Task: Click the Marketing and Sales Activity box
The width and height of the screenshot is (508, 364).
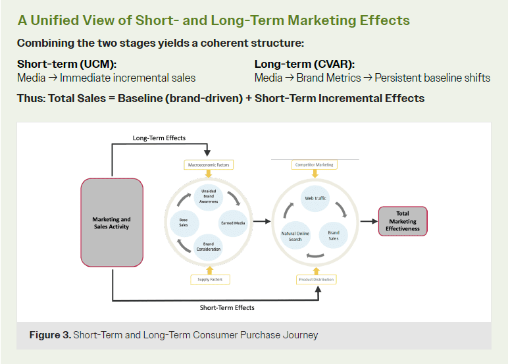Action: click(x=111, y=222)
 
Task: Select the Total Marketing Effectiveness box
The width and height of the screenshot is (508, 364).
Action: click(x=403, y=221)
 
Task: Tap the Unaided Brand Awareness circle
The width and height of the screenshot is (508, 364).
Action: click(x=209, y=195)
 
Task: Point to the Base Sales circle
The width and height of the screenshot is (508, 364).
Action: click(x=184, y=222)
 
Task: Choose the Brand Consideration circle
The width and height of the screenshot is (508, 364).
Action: click(x=209, y=246)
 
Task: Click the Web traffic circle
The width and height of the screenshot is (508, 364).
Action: click(x=315, y=198)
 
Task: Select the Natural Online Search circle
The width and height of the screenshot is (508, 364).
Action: click(x=295, y=236)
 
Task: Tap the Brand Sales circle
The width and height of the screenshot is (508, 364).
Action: click(x=334, y=235)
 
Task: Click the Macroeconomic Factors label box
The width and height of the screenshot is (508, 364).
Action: click(x=209, y=164)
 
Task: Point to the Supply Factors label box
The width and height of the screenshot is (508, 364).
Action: click(x=209, y=280)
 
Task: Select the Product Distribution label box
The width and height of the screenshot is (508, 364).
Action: click(x=316, y=280)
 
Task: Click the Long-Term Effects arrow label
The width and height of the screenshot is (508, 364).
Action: click(x=159, y=138)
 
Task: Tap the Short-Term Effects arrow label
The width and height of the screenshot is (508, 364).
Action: click(x=227, y=307)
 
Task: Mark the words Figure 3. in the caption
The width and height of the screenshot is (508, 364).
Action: click(x=50, y=335)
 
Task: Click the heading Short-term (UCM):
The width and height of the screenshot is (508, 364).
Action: click(x=66, y=65)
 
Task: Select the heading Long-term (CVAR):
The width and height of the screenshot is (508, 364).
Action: click(x=304, y=65)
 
